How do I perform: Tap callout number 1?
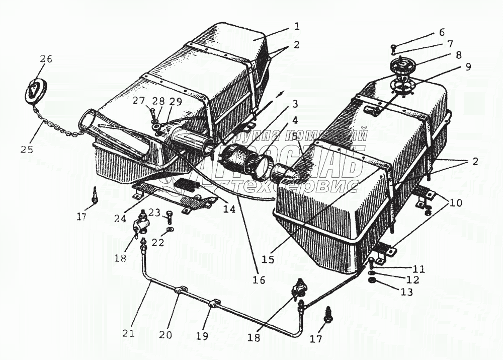coord(297,26)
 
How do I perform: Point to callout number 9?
coord(467,66)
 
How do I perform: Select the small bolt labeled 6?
coord(393,48)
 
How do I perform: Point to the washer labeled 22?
coord(171,230)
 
